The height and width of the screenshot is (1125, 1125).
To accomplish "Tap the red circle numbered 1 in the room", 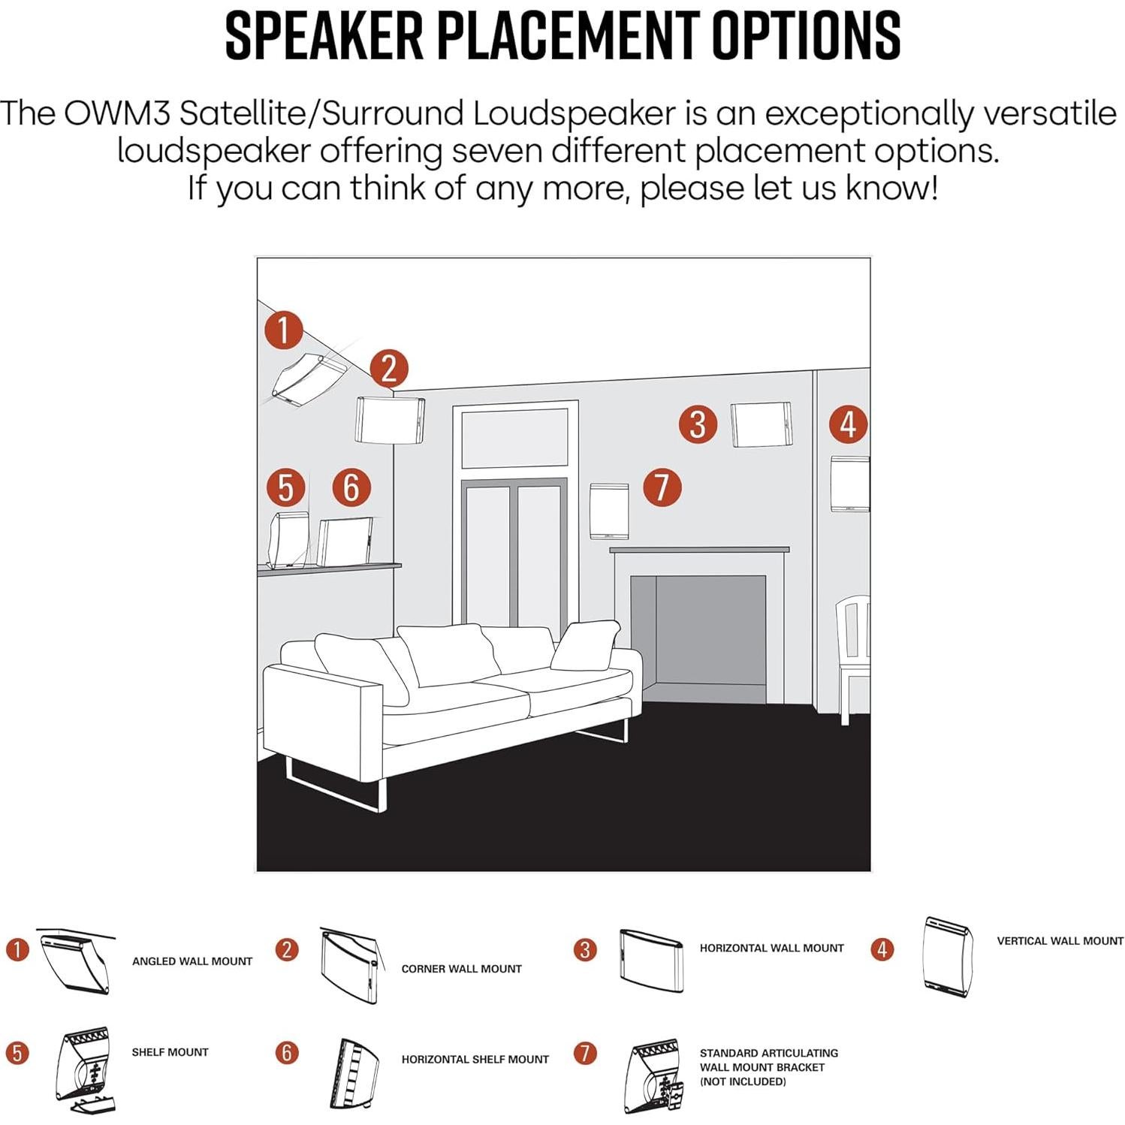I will click(283, 330).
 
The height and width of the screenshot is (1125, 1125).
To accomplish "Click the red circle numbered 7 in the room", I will click(662, 487).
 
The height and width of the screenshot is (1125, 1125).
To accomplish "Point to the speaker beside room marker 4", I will click(849, 484).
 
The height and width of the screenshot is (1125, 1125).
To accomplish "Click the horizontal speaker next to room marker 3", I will click(761, 425).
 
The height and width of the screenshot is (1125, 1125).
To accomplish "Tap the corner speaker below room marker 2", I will click(390, 419).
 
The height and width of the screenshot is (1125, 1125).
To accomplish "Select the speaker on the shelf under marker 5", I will click(289, 540).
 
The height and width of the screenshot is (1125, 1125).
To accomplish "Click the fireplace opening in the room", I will click(698, 638).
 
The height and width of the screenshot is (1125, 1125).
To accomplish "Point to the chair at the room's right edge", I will click(854, 653).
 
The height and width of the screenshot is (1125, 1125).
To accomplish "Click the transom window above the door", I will click(514, 439).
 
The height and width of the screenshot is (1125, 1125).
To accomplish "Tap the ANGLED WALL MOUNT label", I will click(192, 961).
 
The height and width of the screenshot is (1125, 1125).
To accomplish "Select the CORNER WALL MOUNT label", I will click(461, 969).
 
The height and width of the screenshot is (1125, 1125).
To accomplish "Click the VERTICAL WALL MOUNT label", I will click(1060, 941).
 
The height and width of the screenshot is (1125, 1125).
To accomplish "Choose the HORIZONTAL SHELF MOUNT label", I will click(475, 1060).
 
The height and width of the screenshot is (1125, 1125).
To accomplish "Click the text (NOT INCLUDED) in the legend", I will click(742, 1081).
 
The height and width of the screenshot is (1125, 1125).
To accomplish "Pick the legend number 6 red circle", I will click(287, 1052).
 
